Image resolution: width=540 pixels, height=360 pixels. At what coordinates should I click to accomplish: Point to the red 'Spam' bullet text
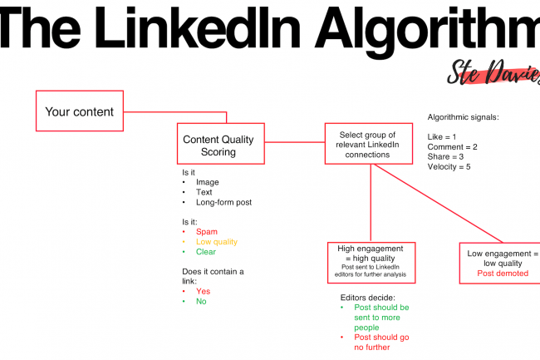click(x=207, y=232)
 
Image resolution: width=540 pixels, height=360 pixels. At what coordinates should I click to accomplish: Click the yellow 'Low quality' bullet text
click(x=217, y=242)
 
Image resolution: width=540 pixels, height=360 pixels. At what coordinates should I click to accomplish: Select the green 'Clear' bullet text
click(x=206, y=252)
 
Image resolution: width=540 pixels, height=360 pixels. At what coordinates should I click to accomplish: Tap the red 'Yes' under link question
click(x=204, y=292)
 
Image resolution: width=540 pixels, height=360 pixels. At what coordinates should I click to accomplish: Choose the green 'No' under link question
click(x=201, y=302)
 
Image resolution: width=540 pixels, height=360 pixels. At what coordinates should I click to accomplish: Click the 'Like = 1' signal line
click(x=442, y=136)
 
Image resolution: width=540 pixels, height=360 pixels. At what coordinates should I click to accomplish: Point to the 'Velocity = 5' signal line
click(x=449, y=167)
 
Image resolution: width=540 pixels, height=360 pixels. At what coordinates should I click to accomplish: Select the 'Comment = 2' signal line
click(x=453, y=147)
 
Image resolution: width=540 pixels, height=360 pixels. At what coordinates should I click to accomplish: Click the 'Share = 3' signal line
click(x=445, y=157)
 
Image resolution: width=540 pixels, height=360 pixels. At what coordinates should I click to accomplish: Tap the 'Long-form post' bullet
click(x=223, y=202)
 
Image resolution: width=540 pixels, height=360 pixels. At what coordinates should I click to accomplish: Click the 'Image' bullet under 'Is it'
click(x=208, y=182)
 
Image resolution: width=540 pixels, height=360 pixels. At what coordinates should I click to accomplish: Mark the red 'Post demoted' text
click(x=503, y=274)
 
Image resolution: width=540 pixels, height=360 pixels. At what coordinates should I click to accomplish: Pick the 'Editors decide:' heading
click(x=368, y=298)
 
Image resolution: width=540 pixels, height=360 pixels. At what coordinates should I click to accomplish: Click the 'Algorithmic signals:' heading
click(x=464, y=117)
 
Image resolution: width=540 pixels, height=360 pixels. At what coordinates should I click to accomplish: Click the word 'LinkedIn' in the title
click(x=198, y=27)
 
